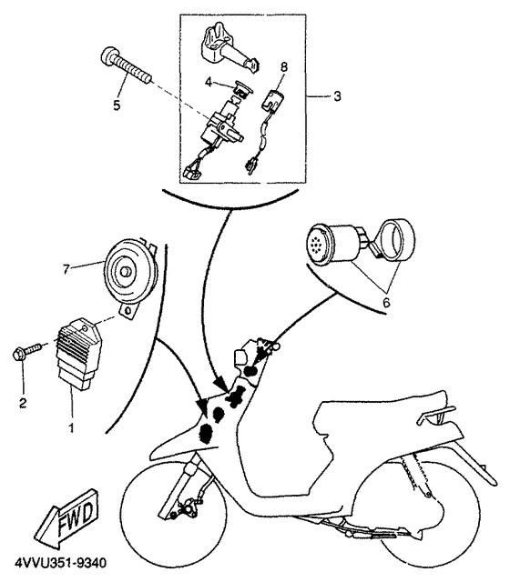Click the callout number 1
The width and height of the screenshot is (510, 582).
71,425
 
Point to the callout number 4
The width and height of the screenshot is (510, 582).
209,83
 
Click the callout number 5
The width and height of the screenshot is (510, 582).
116,105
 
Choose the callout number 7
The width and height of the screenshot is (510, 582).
66,269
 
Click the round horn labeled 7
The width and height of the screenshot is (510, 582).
131,270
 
